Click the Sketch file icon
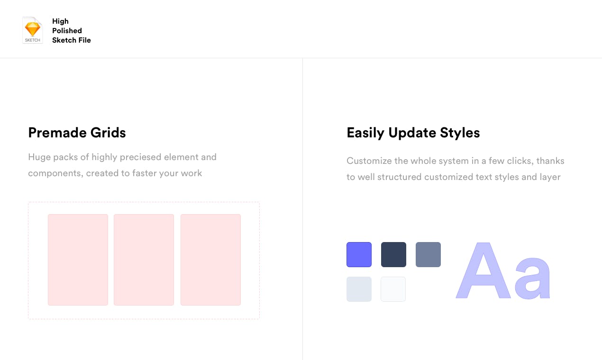pyautogui.click(x=33, y=30)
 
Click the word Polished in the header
pyautogui.click(x=67, y=31)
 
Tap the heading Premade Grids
pyautogui.click(x=77, y=133)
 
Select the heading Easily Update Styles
pyautogui.click(x=413, y=133)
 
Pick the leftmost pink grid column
pyautogui.click(x=78, y=260)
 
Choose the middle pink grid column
pyautogui.click(x=144, y=260)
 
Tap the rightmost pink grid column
pyautogui.click(x=210, y=260)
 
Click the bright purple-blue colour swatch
pyautogui.click(x=359, y=254)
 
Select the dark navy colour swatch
pyautogui.click(x=393, y=254)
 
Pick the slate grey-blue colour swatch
pyautogui.click(x=428, y=254)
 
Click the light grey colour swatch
pyautogui.click(x=359, y=289)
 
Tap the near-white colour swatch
pyautogui.click(x=393, y=289)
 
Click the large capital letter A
pyautogui.click(x=483, y=272)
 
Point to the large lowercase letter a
pyautogui.click(x=533, y=279)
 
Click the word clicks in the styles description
pyautogui.click(x=518, y=161)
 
